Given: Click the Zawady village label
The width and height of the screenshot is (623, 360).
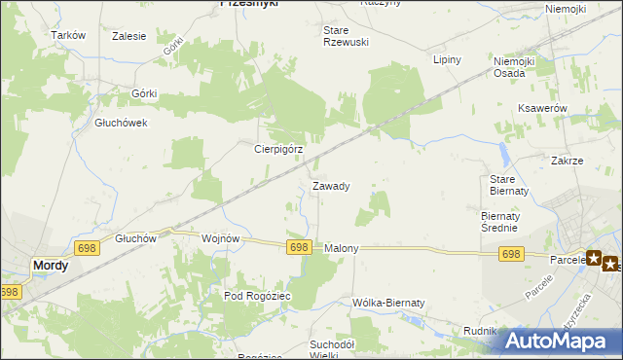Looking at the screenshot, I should (331, 185).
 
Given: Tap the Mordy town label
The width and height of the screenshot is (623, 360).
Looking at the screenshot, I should (51, 265).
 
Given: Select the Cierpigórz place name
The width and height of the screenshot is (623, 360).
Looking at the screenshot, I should (279, 150).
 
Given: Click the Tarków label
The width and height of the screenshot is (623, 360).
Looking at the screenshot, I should (69, 35).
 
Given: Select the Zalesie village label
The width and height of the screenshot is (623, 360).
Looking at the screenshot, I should (128, 36).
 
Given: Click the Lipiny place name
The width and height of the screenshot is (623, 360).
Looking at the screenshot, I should (446, 59).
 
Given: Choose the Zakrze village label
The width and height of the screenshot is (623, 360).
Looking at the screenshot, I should (567, 161).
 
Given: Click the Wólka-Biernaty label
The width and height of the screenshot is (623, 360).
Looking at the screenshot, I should (389, 303).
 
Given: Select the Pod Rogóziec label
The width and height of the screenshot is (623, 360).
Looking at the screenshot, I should (257, 296).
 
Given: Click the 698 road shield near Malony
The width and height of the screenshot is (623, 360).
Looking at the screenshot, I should (299, 248).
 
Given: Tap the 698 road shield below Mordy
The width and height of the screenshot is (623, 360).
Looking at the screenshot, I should (9, 292).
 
